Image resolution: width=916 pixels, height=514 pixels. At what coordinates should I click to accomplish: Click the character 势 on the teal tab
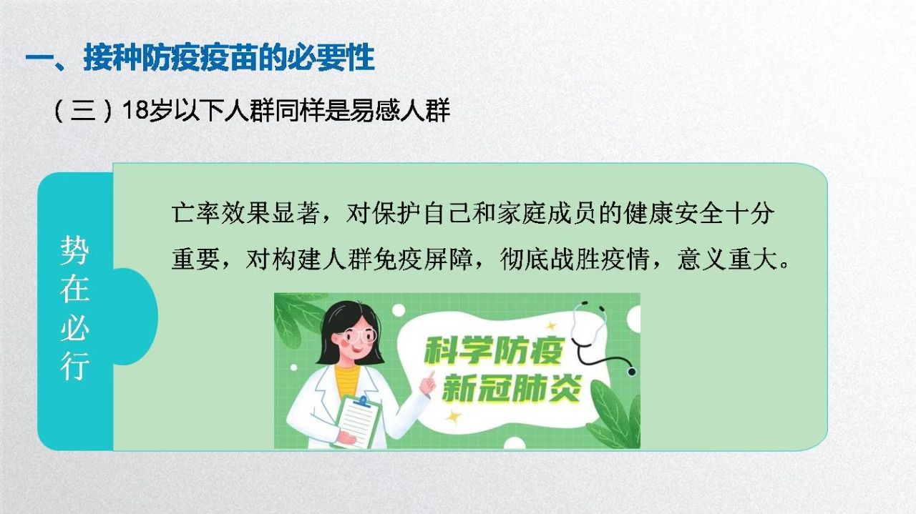[x=74, y=250]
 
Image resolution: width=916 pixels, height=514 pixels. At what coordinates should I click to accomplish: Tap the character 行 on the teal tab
[x=74, y=367]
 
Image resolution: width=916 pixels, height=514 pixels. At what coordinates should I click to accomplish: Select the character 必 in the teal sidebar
[x=74, y=327]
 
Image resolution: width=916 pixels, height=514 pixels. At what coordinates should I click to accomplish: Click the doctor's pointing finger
[x=430, y=376]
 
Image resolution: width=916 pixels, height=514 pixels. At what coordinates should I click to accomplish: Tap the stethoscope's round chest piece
[x=632, y=372]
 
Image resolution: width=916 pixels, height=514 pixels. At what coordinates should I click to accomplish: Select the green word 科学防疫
[x=494, y=351]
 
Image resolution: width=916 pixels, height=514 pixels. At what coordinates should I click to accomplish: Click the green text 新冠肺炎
[x=511, y=389]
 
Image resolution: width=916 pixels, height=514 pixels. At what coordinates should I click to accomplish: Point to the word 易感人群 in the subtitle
[x=400, y=110]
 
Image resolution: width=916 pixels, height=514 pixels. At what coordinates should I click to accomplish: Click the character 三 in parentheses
[x=83, y=110]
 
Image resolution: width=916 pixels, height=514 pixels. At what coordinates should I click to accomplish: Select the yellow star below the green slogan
[x=453, y=417]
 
